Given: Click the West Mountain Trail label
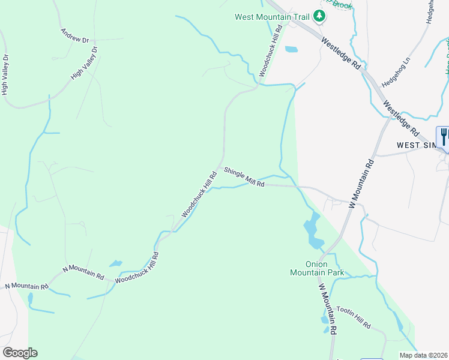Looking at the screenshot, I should click(272, 17).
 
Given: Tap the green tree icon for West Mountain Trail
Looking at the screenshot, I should click(320, 16).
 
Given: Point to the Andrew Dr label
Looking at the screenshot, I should click(74, 35).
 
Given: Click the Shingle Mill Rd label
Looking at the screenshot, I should click(244, 178).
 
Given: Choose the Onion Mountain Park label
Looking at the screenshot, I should click(316, 268).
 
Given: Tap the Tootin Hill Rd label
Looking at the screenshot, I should click(353, 316).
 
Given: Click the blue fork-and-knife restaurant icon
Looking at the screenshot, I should click(443, 135).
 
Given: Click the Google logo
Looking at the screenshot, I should click(20, 353).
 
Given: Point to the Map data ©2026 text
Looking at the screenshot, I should click(424, 355).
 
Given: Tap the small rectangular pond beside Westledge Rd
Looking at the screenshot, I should click(291, 49).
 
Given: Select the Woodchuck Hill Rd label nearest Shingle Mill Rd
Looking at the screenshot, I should click(199, 195).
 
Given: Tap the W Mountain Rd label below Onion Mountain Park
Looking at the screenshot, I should click(328, 310).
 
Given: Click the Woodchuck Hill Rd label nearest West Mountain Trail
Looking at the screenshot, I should click(271, 50).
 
